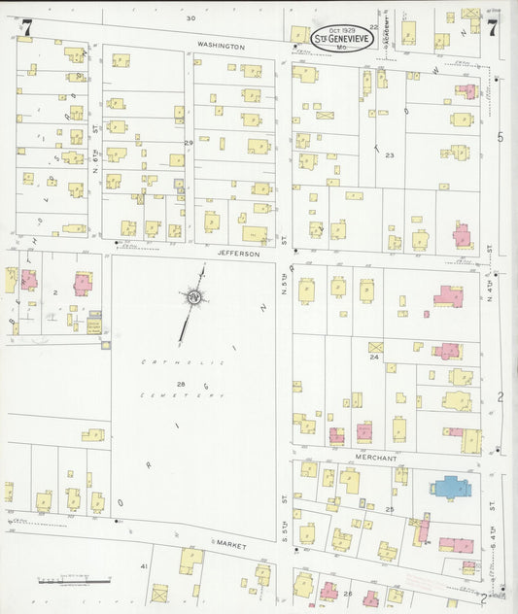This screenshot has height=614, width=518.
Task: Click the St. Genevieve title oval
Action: coord(341,40)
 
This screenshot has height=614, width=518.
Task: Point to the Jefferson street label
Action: coord(238,253)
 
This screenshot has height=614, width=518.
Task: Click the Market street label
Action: coord(231,546)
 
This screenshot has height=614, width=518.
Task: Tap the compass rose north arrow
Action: coord(193,296)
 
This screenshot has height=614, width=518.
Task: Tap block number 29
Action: coord(190,143)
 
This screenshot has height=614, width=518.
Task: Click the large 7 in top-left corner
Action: coord(27,28)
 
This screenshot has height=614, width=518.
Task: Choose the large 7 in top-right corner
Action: coord(493,28)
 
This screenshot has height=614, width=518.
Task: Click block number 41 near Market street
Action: coord(143,565)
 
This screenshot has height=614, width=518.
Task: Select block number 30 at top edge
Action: coord(190,18)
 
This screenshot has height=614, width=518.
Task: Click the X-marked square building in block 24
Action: coord(376,346)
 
